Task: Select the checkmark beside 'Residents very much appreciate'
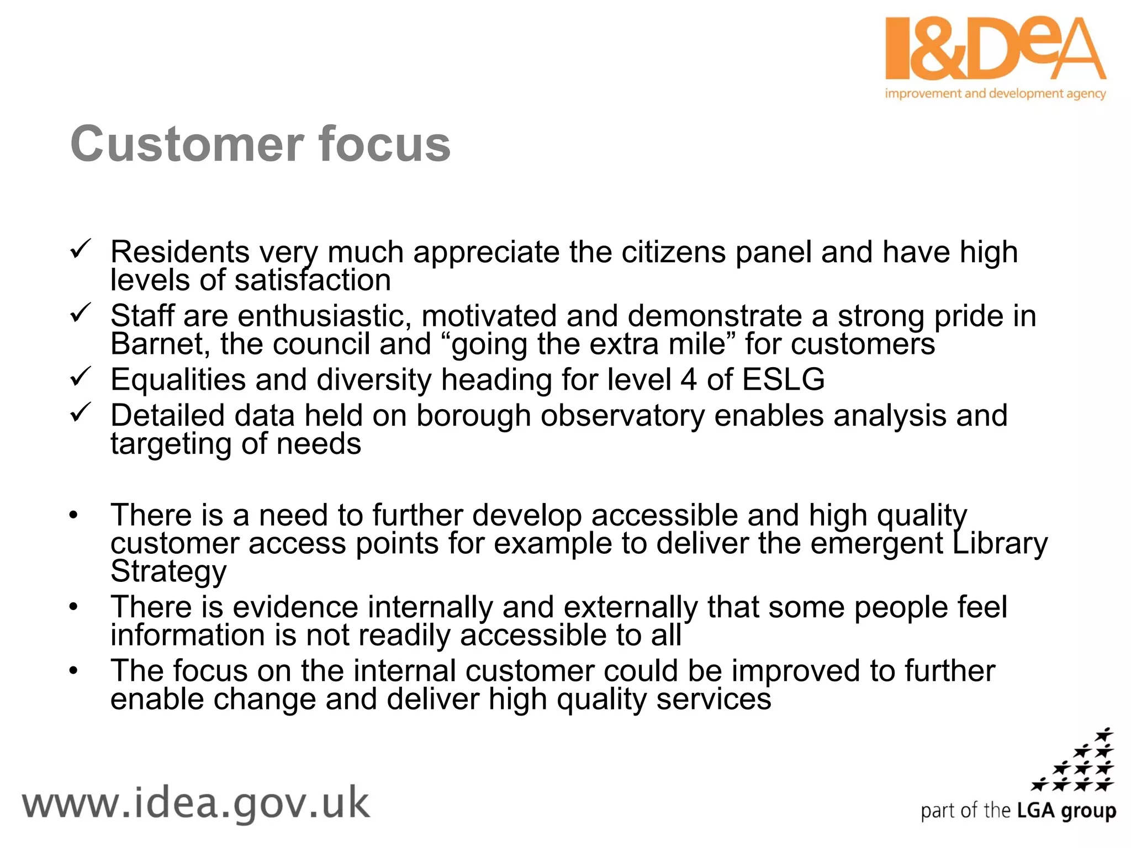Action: [81, 250]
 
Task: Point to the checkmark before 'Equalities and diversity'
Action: [81, 377]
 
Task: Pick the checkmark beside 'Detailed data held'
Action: [81, 413]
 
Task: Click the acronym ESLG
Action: [783, 380]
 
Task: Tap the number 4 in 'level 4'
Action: [688, 380]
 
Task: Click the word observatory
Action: [622, 416]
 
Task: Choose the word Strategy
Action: [168, 571]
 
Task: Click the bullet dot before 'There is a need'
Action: [74, 516]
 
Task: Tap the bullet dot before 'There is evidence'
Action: [74, 607]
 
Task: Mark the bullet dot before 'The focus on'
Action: [74, 671]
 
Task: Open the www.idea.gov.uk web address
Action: [195, 803]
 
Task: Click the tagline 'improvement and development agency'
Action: [995, 93]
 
